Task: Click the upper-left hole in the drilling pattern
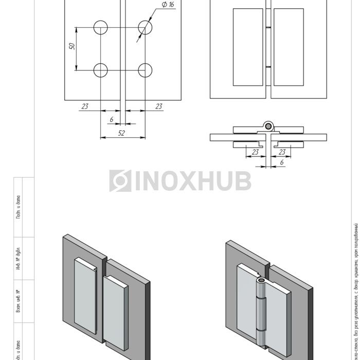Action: pyautogui.click(x=101, y=27)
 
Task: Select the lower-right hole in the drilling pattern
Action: pyautogui.click(x=146, y=70)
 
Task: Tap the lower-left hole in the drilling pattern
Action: pyautogui.click(x=101, y=70)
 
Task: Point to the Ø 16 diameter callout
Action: pyautogui.click(x=168, y=5)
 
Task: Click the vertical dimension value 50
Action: pyautogui.click(x=73, y=46)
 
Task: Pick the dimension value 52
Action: pyautogui.click(x=122, y=133)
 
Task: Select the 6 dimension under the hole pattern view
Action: pyautogui.click(x=112, y=119)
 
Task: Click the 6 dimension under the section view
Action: pyautogui.click(x=281, y=162)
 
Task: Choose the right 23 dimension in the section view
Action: pyautogui.click(x=281, y=152)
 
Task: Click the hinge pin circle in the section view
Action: pyautogui.click(x=268, y=125)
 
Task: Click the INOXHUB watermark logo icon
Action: pyautogui.click(x=120, y=181)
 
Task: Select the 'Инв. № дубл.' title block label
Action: pyautogui.click(x=17, y=260)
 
